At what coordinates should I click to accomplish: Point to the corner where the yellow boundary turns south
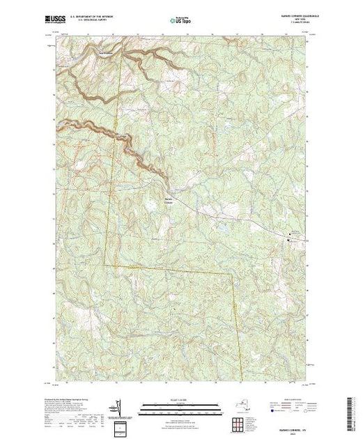click(231, 269)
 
